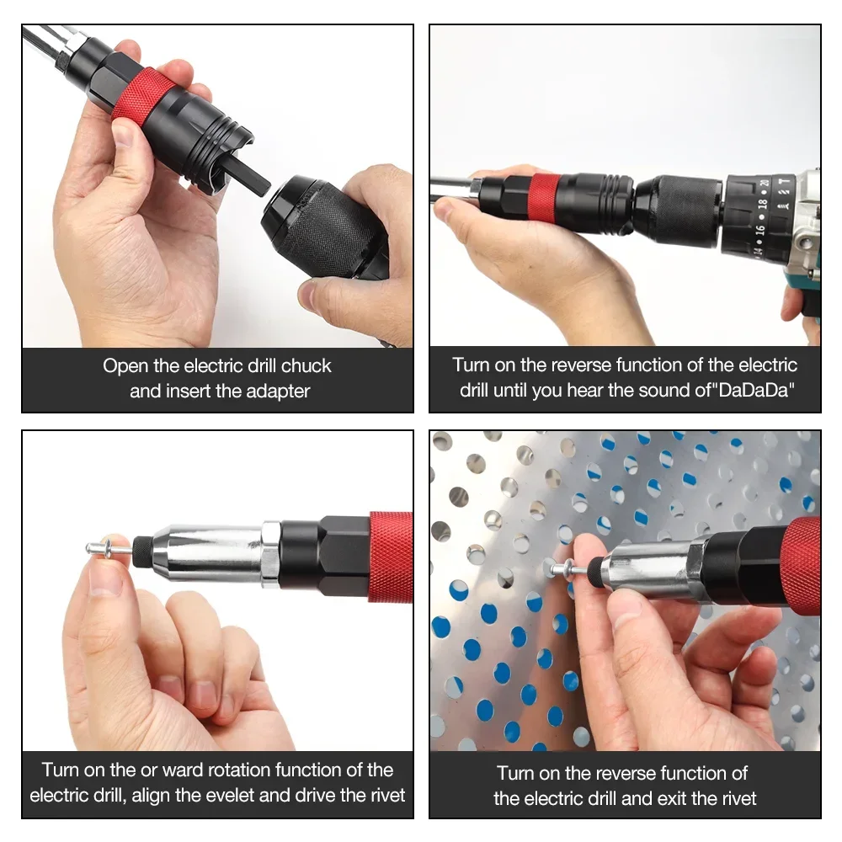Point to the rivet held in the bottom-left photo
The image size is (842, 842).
tap(109, 549)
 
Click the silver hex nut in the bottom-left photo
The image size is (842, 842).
tap(270, 553)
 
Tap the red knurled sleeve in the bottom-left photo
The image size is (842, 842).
tap(391, 557)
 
